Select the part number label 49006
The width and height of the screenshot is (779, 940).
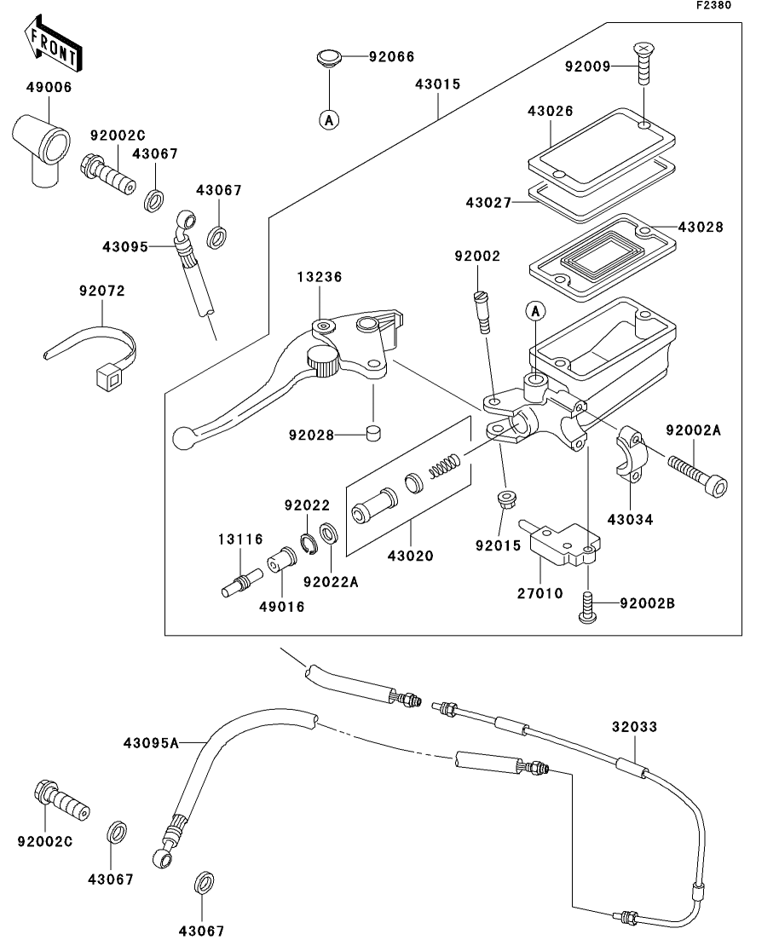tap(48, 87)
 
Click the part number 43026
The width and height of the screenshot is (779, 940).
tap(550, 112)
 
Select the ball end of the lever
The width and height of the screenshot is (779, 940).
tap(182, 437)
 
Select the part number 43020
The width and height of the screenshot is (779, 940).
tap(413, 556)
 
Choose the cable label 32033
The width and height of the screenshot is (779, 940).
tap(635, 729)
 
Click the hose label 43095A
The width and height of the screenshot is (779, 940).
tap(152, 742)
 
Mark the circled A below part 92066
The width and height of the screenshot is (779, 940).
tap(328, 120)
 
